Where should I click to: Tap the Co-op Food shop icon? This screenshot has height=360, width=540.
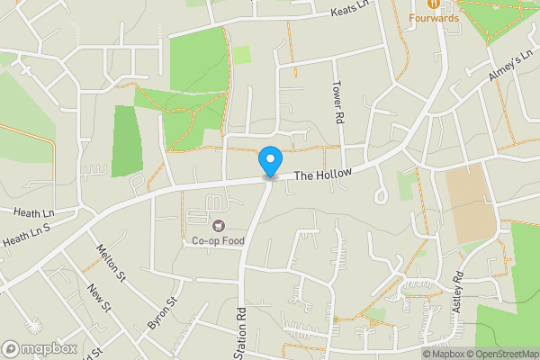point(218,224)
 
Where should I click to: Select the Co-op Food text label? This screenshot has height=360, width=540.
point(218,240)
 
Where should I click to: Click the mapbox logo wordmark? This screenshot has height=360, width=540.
point(40,348)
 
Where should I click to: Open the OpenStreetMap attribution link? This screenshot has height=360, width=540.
point(499,353)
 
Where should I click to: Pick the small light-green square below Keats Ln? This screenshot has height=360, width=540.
point(241,55)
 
